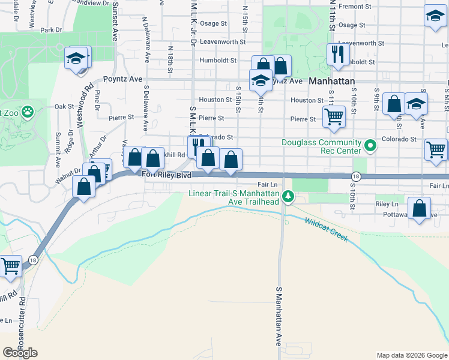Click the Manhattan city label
tap(332, 80)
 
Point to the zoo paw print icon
tap(27, 111)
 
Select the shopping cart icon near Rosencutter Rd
tap(10, 265)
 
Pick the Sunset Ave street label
tap(113, 21)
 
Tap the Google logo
tap(20, 353)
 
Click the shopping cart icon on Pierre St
tap(334, 116)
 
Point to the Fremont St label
tap(352, 6)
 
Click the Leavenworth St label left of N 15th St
tap(223, 42)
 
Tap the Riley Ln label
tap(382, 204)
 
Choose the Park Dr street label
tap(52, 29)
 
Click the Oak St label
tap(63, 106)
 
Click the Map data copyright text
tap(411, 355)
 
